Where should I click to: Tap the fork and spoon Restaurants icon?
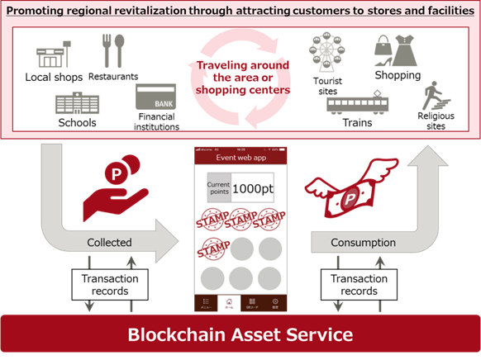coord(112,50)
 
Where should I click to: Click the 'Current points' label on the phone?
coord(218,187)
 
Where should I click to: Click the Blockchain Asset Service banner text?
coord(240,335)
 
